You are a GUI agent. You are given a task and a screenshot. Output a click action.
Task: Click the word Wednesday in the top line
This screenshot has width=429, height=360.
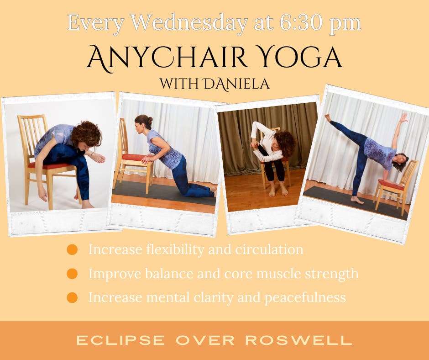[189, 23]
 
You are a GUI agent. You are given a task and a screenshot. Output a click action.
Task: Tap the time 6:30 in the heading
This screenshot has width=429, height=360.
[301, 22]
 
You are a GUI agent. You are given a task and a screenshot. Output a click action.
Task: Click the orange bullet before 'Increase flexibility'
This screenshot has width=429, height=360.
[72, 249]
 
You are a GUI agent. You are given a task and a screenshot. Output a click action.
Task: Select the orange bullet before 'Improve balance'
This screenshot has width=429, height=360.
[72, 274]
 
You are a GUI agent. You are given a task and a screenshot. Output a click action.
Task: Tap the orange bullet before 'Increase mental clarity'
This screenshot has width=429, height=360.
[72, 297]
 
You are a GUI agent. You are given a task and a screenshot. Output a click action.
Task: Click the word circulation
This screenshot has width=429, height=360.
[269, 249]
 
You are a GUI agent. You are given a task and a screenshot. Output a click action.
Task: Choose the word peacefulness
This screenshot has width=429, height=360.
[305, 297]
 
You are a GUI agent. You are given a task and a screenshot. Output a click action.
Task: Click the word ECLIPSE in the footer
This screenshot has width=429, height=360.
[120, 340]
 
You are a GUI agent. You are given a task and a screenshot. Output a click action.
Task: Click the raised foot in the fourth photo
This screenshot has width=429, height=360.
[328, 118]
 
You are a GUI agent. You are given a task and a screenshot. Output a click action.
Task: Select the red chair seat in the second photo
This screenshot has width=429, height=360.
[134, 158]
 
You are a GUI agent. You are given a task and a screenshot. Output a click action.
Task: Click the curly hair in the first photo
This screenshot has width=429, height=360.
[86, 134]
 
